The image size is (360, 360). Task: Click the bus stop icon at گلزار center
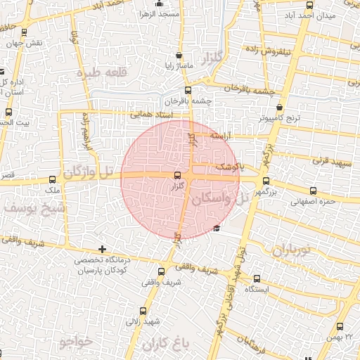(176, 175)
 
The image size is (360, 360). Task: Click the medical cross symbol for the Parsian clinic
(103, 249)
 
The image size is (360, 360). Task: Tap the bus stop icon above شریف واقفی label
(161, 271)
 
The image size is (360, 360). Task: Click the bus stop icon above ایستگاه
(257, 278)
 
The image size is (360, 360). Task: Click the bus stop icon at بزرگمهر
(266, 180)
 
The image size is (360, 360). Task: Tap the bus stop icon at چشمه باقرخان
(187, 90)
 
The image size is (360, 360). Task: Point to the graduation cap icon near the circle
(216, 228)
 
